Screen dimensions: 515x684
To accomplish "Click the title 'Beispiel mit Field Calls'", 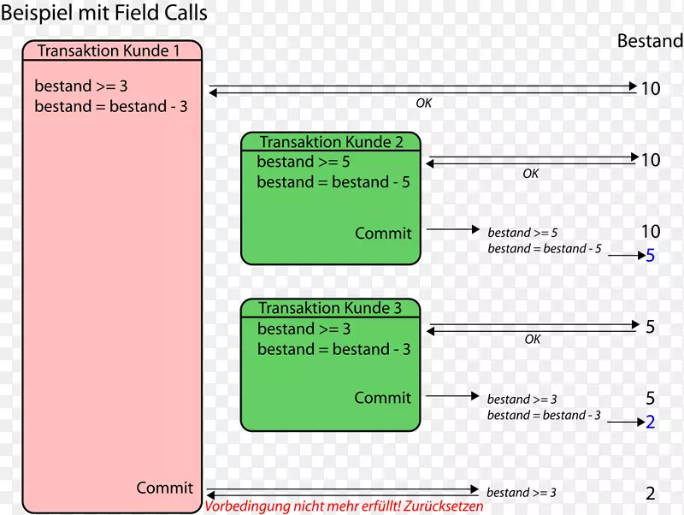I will (104, 15).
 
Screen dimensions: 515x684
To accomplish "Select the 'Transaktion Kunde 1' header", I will (109, 51).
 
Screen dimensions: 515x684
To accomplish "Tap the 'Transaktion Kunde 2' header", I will (331, 142).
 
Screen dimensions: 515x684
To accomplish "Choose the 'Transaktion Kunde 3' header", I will (330, 308).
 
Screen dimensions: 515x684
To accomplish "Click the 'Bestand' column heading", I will (650, 41).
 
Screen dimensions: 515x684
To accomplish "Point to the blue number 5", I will (650, 255).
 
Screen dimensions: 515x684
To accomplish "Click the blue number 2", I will (650, 422).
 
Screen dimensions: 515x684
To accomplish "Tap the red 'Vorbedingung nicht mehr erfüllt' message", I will (344, 506).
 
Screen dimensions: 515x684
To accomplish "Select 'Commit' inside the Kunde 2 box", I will (383, 233).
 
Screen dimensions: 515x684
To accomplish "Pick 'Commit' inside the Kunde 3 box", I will (382, 398).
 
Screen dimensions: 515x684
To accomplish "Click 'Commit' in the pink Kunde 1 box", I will (164, 488).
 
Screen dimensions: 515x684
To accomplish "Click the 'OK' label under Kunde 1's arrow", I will (424, 103).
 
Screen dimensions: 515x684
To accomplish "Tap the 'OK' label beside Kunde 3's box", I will (533, 340).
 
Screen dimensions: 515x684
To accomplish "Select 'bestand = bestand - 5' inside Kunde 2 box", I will (333, 182).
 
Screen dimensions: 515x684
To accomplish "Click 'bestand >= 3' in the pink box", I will (81, 86).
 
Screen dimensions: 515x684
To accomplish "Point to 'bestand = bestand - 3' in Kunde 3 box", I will (333, 349).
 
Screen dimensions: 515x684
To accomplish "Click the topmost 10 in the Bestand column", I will (650, 87).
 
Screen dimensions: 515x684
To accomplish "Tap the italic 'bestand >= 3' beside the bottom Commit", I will (522, 493).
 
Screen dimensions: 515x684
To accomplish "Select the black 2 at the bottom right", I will (650, 494).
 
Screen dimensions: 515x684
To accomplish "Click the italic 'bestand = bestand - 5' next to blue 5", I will (545, 249).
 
